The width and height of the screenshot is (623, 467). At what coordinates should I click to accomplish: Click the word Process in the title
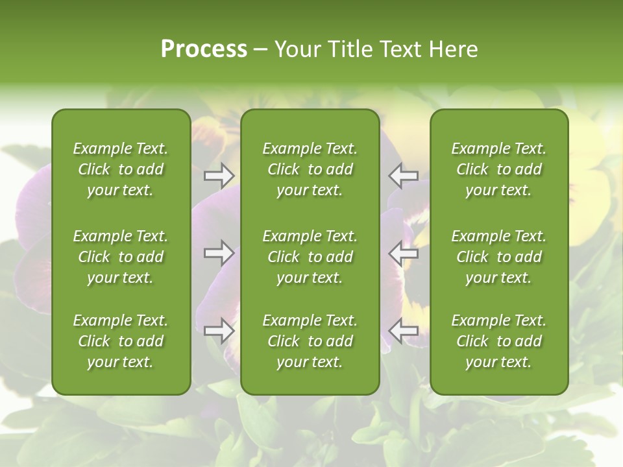tap(204, 49)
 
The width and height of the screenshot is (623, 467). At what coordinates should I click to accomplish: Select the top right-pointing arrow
tap(219, 175)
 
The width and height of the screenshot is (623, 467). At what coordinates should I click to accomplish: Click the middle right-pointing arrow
tap(219, 253)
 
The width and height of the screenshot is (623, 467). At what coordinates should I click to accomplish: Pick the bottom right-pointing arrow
tap(219, 331)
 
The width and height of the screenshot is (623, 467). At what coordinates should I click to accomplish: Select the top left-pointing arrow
tap(403, 175)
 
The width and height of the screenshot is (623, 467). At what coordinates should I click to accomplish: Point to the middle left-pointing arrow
tap(403, 253)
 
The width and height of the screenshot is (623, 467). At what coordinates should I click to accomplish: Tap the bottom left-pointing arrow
tap(403, 331)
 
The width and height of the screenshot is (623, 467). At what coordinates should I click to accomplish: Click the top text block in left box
tap(121, 169)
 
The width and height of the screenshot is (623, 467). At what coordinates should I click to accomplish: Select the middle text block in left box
tap(121, 257)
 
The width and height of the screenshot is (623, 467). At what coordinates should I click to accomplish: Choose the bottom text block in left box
tap(121, 341)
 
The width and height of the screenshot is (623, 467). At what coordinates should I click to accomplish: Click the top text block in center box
tap(310, 169)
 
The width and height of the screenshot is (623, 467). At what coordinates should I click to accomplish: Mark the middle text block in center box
tap(310, 257)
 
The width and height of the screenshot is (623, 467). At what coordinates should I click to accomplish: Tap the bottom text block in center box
tap(310, 341)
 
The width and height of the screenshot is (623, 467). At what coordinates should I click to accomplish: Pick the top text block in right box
tap(498, 169)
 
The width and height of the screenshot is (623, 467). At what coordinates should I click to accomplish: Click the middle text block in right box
tap(498, 257)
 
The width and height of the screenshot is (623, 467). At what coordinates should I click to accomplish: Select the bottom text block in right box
tap(498, 341)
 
